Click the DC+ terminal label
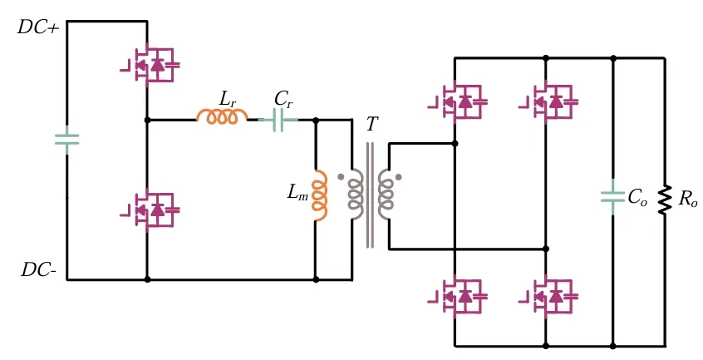[37, 27]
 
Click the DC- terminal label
[38, 269]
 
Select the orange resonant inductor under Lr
[222, 118]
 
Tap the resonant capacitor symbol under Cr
[283, 121]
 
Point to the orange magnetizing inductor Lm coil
[320, 196]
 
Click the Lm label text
[297, 193]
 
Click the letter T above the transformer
[371, 125]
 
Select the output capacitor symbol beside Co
[612, 197]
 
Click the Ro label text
[687, 200]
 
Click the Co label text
[637, 198]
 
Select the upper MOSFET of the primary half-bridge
[152, 64]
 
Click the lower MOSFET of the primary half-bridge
[152, 210]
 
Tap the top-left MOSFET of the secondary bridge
[460, 101]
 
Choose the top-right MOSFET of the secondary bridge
[550, 101]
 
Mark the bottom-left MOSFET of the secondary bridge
[460, 296]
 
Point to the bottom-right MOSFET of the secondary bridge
[550, 296]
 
